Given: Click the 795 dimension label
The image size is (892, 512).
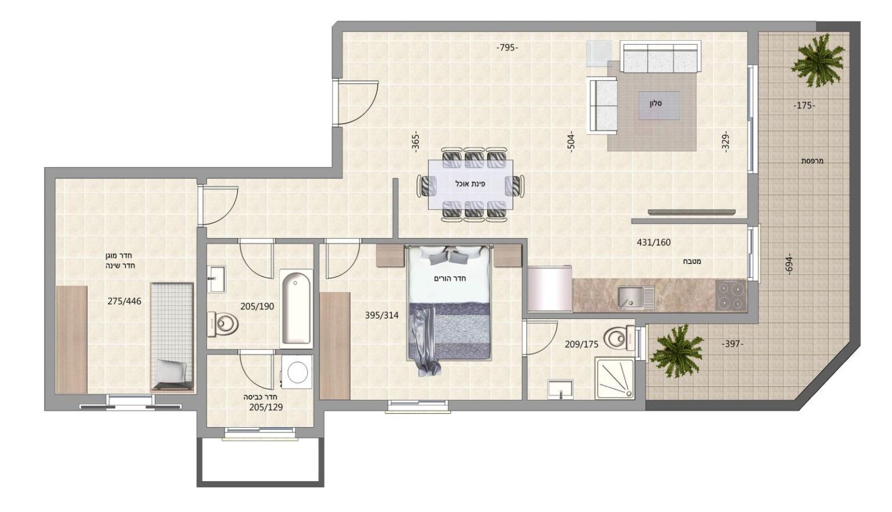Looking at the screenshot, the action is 508,48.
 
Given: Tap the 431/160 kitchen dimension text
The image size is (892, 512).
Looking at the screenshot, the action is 653,242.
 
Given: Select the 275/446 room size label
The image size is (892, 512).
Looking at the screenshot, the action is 124,301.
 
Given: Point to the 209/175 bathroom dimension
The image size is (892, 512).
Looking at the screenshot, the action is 581,344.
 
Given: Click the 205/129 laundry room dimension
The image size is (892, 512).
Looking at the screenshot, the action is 266,407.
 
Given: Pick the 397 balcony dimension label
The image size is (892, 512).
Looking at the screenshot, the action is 732,344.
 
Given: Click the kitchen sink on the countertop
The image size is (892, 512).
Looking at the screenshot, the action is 636,298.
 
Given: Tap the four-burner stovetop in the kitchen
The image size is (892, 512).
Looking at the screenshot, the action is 731,295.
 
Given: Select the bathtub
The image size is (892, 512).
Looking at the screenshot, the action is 296,308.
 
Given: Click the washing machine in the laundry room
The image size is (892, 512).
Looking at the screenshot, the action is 297,372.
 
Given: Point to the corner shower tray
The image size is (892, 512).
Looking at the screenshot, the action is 614,378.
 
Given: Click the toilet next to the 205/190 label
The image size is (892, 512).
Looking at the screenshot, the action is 222,324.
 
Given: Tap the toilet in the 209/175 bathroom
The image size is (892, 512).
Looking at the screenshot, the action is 620,338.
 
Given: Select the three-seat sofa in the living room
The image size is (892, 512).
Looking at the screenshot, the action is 660,57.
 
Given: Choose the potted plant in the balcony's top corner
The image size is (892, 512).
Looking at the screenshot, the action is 817,60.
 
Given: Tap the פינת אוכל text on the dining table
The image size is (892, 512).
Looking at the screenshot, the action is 470,184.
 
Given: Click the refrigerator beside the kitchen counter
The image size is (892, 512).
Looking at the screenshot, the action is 549,288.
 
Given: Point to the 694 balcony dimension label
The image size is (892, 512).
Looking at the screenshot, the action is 789,264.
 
